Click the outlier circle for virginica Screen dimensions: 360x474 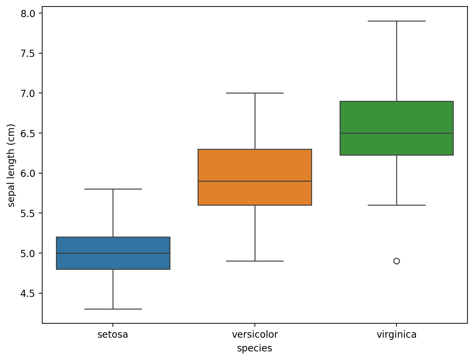(396, 261)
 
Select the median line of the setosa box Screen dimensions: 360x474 (113, 253)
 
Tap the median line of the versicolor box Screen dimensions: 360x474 (255, 181)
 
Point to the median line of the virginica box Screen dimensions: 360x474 (396, 133)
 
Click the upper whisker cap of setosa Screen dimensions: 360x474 (113, 189)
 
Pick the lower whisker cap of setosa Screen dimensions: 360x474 (113, 309)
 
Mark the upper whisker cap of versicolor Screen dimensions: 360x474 (255, 93)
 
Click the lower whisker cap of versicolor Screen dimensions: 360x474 (255, 261)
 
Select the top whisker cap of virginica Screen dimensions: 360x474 (396, 21)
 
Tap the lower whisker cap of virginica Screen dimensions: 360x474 (396, 205)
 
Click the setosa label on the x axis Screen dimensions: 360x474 (113, 335)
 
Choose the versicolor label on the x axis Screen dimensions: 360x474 (255, 335)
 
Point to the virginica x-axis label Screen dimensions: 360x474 (396, 335)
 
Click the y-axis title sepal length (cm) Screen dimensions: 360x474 (12, 165)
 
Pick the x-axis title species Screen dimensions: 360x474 (254, 349)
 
